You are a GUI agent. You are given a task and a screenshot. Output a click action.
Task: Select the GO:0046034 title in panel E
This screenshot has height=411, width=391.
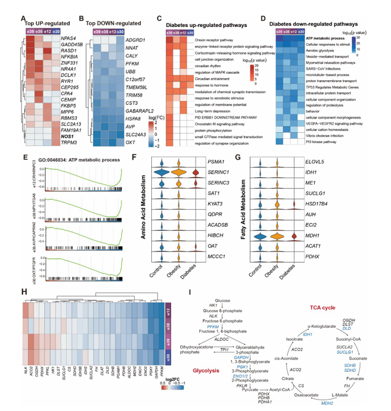pyautogui.click(x=70, y=160)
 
